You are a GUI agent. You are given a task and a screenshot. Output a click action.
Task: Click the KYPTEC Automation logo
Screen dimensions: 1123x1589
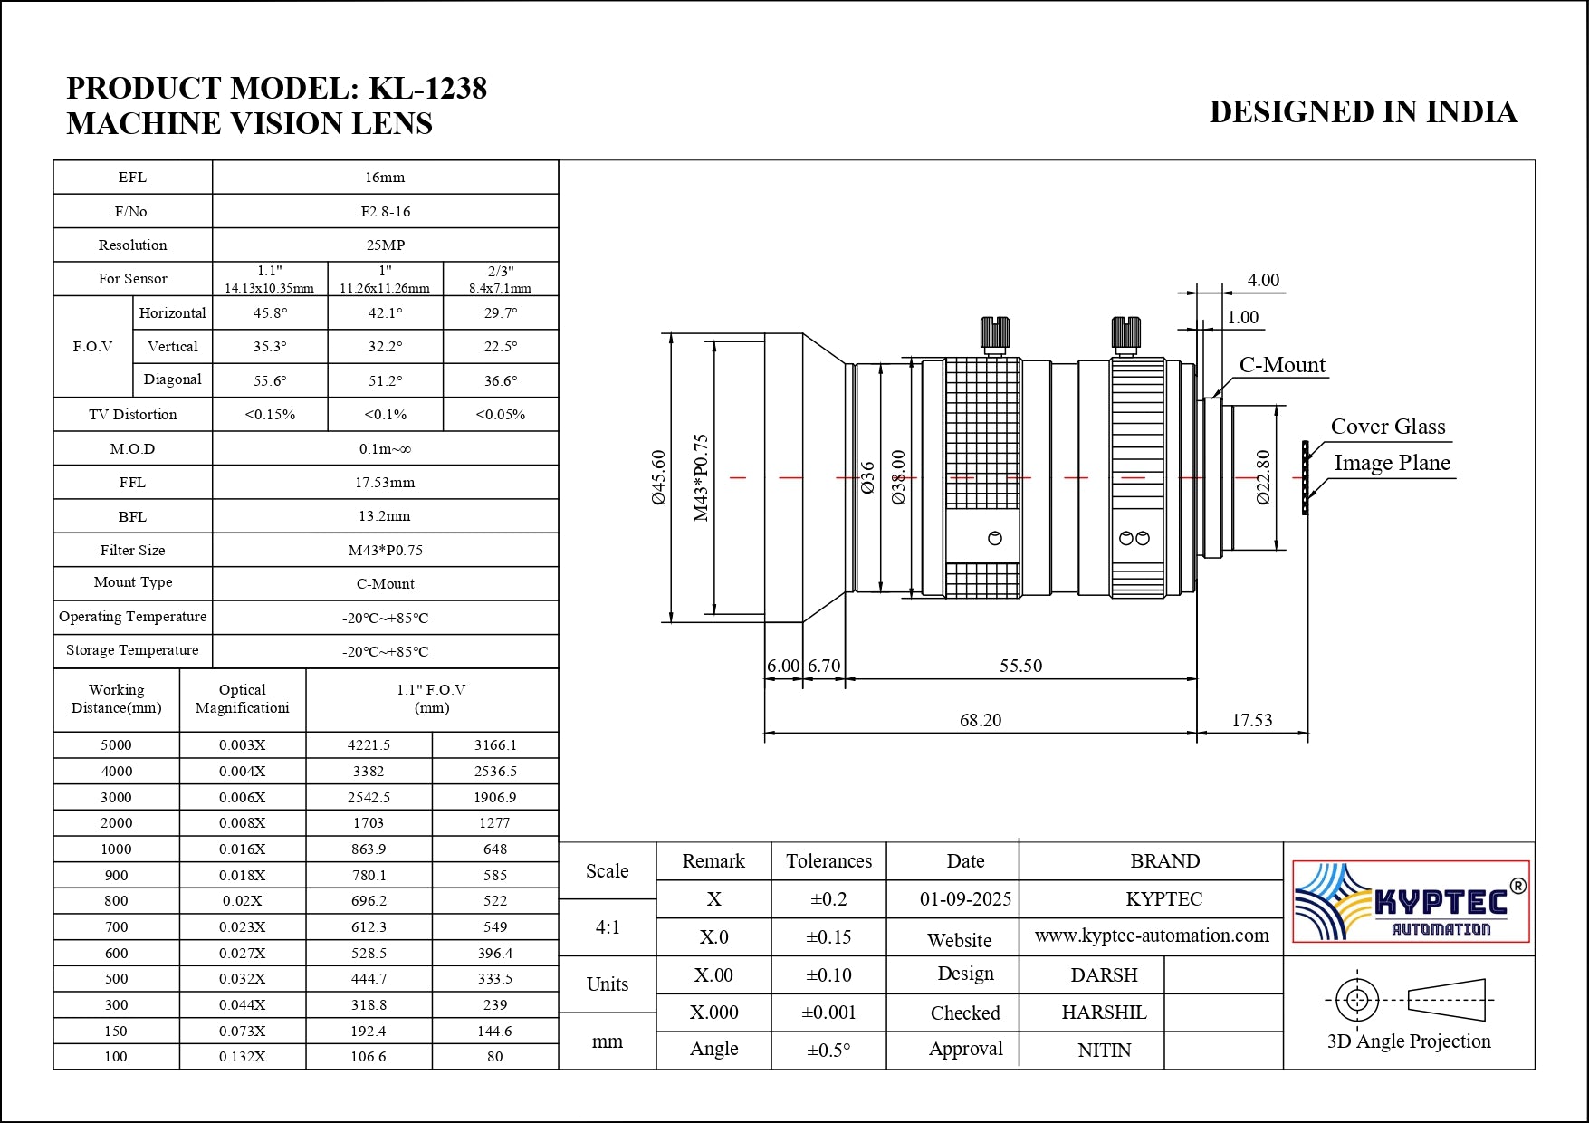[x=1410, y=901]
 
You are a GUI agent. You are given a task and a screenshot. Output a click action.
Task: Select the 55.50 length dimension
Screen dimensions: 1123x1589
[x=1020, y=666]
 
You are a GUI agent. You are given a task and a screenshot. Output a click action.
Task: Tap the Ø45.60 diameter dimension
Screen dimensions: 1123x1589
[x=659, y=476]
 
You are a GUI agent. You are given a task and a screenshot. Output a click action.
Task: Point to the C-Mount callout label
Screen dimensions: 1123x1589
[x=1281, y=365]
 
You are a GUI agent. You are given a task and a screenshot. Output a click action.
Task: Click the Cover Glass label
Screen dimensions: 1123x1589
[x=1387, y=427]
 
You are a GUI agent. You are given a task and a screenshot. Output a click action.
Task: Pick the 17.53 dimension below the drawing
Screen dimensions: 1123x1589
[x=1251, y=720]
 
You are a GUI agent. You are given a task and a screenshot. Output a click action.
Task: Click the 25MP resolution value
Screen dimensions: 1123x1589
[x=385, y=245]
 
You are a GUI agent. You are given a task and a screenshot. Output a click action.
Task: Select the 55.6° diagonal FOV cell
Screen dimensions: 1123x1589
[x=270, y=381]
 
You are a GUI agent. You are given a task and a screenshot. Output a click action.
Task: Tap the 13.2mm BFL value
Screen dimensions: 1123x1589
[x=385, y=516]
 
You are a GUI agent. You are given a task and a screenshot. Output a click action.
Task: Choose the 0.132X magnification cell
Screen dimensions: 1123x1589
[x=243, y=1056]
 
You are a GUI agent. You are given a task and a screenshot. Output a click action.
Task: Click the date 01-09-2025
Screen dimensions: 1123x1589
[x=965, y=899]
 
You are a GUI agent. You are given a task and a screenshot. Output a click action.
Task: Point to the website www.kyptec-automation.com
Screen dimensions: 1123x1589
[x=1151, y=936]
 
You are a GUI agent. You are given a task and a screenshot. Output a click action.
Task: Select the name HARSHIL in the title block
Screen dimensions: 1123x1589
[x=1104, y=1013]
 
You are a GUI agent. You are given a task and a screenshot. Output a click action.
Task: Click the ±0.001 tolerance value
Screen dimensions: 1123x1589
[x=828, y=1013]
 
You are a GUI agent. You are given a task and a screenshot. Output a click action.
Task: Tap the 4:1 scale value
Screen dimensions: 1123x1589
[x=608, y=927]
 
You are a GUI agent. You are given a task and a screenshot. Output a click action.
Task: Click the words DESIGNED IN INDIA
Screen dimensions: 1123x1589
[x=1363, y=112]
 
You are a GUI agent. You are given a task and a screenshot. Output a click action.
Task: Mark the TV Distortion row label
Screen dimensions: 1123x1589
[x=133, y=415]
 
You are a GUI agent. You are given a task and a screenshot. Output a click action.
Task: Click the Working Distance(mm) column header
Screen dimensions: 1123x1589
[x=117, y=699]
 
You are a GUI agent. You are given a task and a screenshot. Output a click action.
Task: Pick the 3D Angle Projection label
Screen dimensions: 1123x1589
[x=1408, y=1041]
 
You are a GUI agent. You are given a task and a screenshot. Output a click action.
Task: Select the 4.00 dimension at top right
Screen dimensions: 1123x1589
[x=1263, y=280]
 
